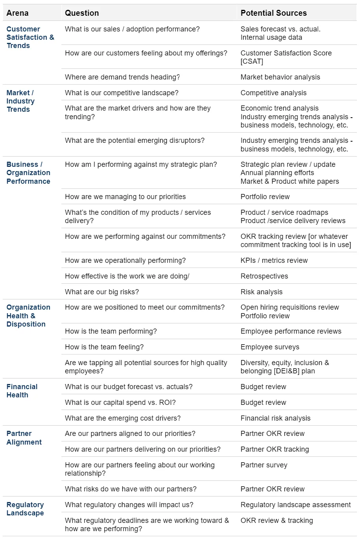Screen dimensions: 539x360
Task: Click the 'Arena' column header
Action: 17,13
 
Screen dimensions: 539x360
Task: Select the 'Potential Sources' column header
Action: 273,13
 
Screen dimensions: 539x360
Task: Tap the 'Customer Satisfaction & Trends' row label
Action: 30,37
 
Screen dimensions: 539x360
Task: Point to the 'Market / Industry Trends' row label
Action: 20,101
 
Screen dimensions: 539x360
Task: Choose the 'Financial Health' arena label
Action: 22,391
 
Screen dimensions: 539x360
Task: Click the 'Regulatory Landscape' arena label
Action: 25,509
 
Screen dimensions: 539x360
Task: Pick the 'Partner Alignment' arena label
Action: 24,438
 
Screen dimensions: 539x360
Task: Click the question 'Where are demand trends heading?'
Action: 122,77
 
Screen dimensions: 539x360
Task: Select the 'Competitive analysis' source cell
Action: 273,93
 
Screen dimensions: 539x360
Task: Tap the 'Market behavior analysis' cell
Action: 280,77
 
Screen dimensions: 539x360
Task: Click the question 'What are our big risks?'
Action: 102,292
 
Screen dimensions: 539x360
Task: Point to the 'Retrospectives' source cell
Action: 264,276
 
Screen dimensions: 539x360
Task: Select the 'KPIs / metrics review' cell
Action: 274,260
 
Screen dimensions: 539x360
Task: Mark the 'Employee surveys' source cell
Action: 270,347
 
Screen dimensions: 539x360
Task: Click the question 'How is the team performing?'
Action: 111,331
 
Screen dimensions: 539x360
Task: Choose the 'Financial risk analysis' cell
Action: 275,418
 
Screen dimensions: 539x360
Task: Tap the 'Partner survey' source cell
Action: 264,465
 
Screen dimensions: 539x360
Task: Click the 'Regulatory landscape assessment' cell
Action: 295,505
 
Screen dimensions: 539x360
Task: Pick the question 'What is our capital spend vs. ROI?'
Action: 120,402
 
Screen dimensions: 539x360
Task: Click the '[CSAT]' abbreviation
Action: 252,61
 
